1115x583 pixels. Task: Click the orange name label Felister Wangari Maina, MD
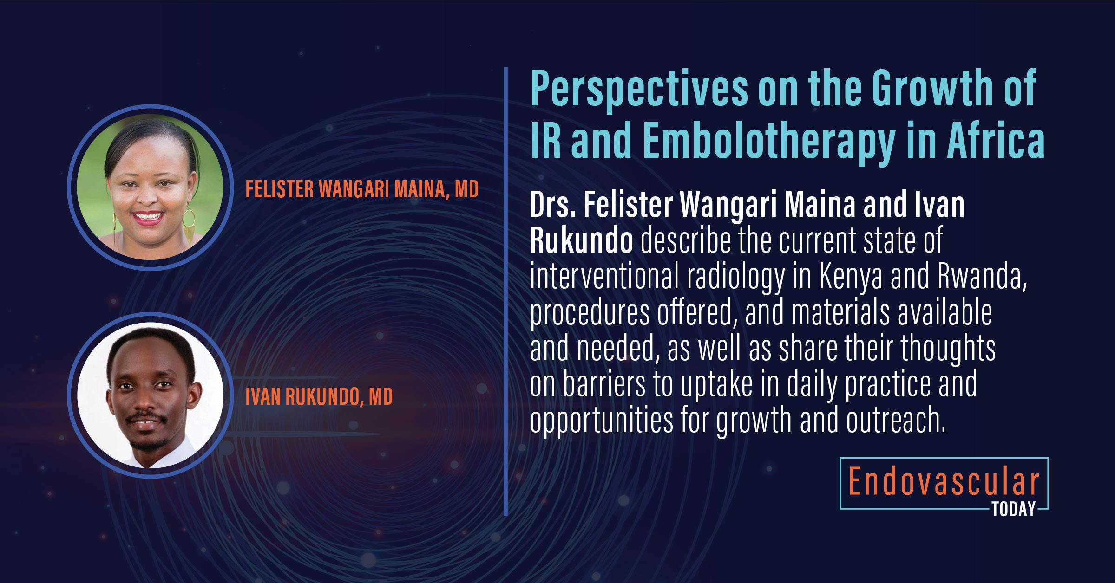coord(362,189)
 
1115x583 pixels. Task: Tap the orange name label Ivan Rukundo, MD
coord(319,396)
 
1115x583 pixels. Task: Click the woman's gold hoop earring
coord(190,223)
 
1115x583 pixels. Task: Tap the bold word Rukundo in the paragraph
coord(581,241)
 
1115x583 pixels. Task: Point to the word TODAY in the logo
coord(1014,510)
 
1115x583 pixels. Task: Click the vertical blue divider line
coord(505,292)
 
